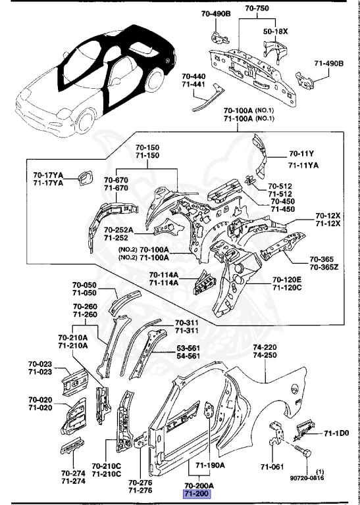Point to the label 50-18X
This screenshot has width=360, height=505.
click(x=276, y=30)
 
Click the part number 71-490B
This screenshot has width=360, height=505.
click(x=331, y=63)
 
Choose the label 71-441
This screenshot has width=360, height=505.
click(x=194, y=85)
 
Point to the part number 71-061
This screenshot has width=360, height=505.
click(x=272, y=467)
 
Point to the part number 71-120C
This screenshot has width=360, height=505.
click(x=288, y=288)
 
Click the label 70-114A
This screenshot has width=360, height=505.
click(x=164, y=274)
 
